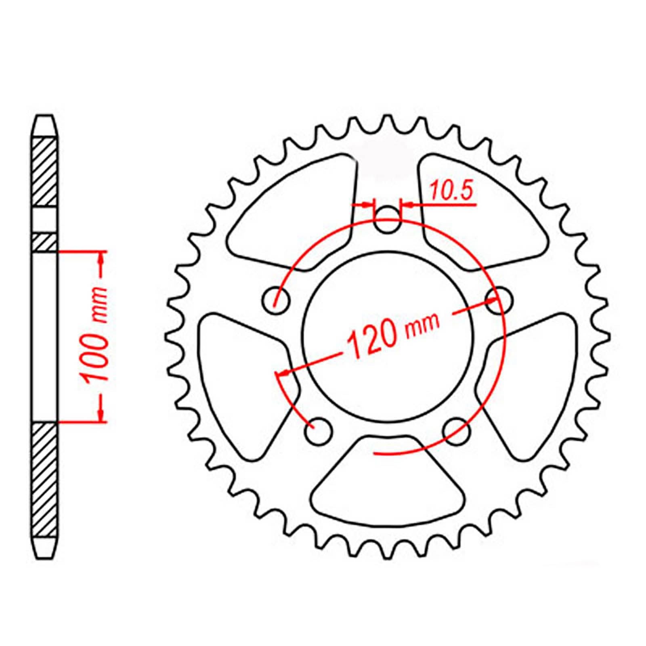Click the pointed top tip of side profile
(x=44, y=117)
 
